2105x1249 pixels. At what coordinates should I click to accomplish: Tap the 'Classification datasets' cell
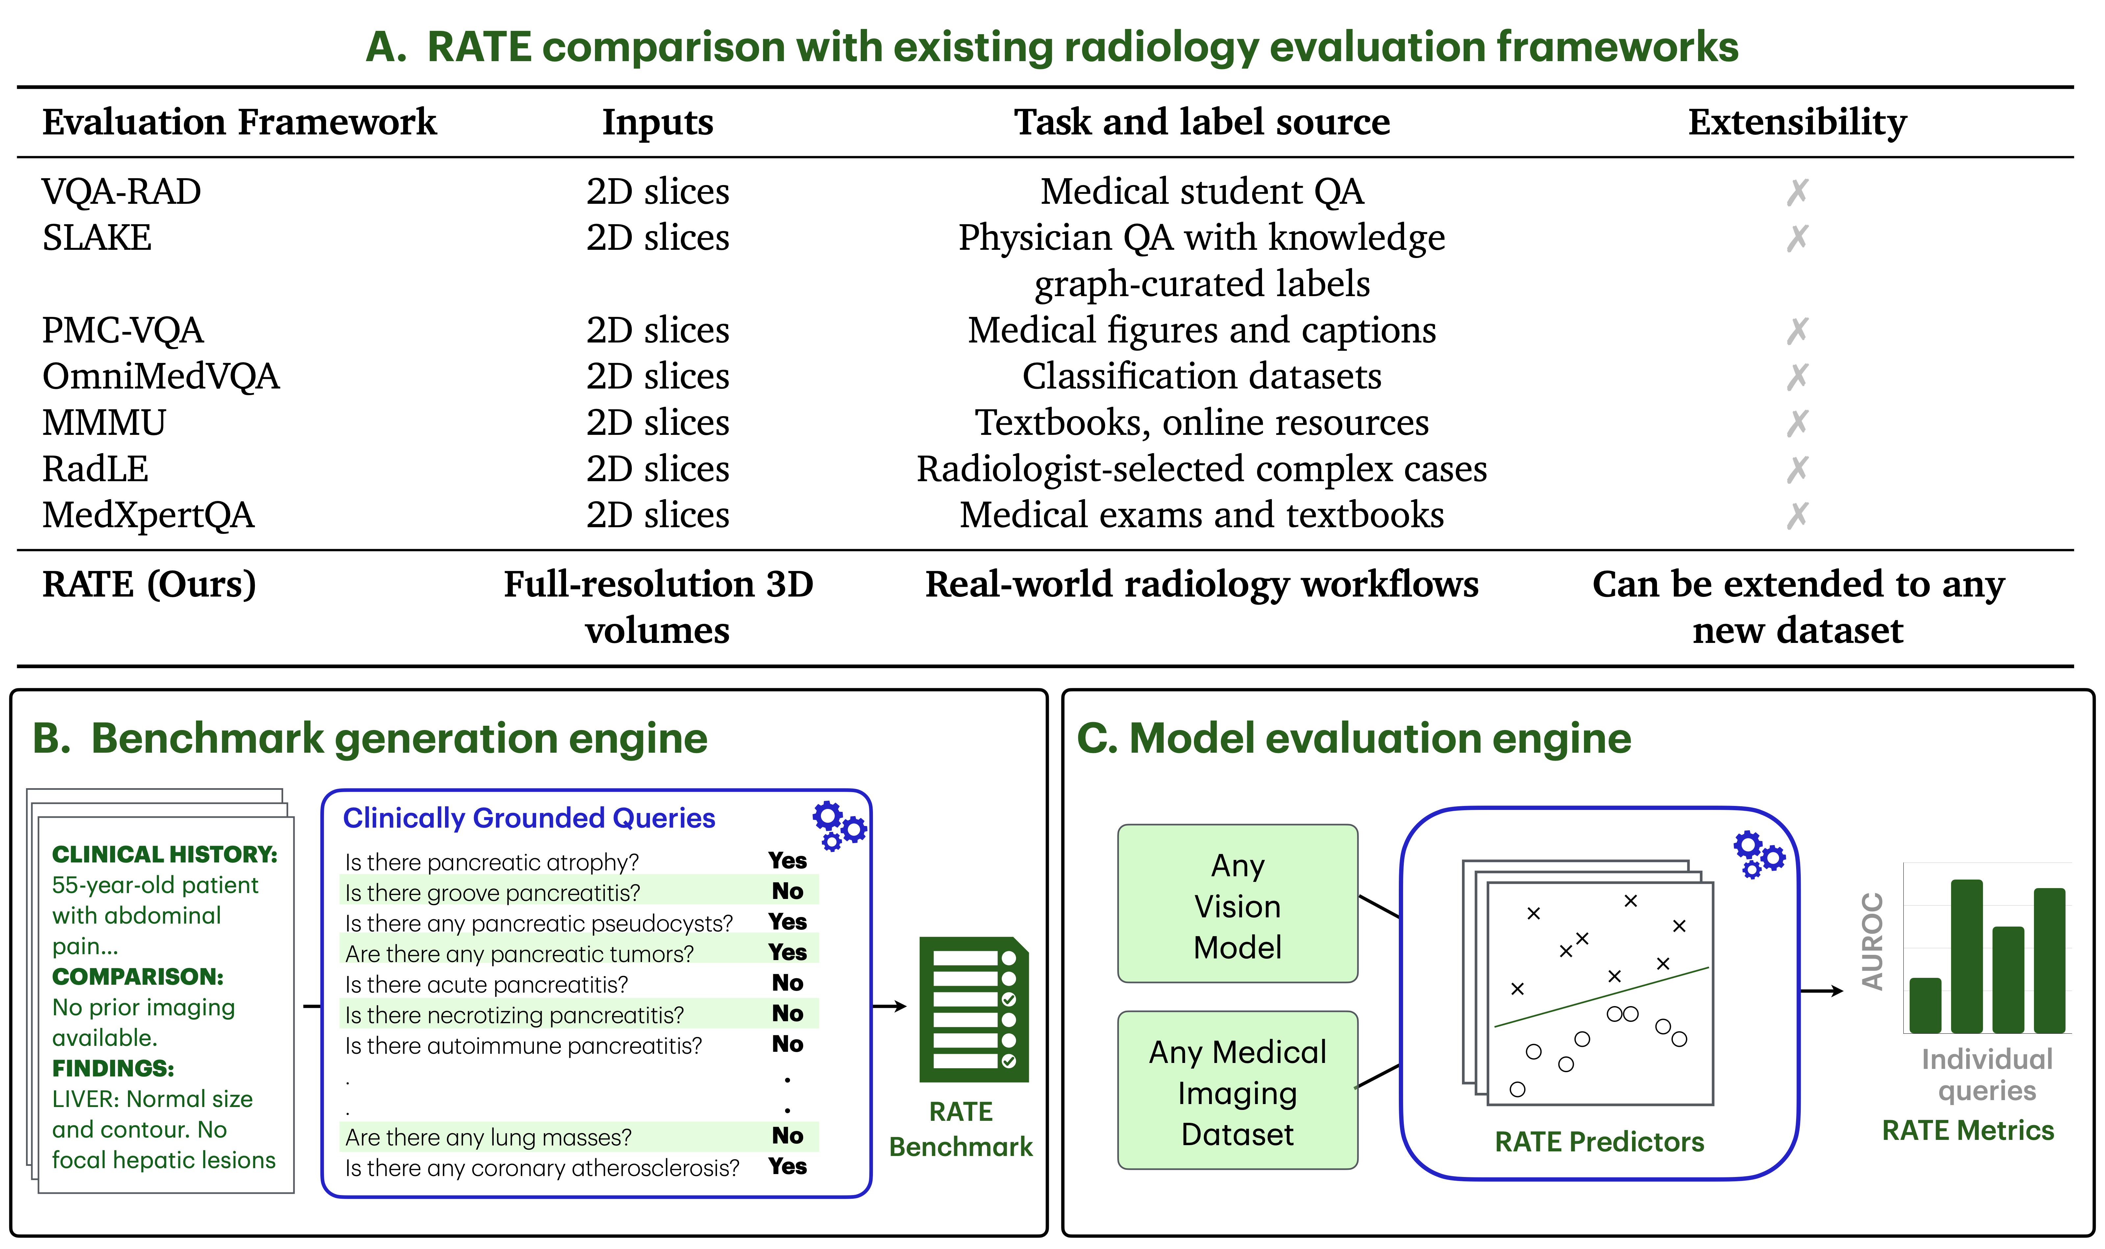[1201, 376]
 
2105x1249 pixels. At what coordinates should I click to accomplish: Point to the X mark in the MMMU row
[1797, 422]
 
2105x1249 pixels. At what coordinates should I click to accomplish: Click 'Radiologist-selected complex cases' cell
[1201, 469]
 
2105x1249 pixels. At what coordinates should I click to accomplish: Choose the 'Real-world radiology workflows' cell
[1201, 584]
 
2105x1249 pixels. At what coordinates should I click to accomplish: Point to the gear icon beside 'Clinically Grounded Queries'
[839, 825]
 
